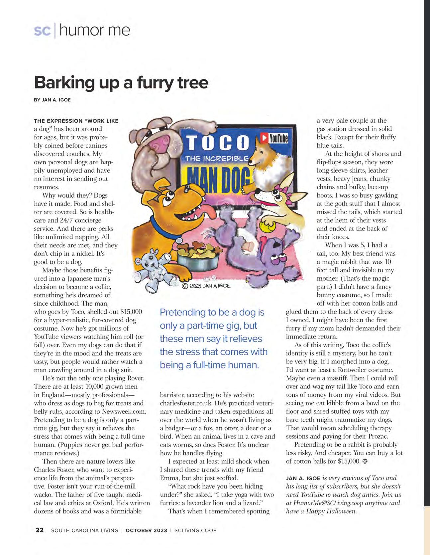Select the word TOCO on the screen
(x=218, y=142)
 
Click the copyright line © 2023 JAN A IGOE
(x=206, y=286)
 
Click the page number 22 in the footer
(x=40, y=530)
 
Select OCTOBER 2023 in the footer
(x=146, y=530)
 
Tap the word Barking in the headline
(x=64, y=82)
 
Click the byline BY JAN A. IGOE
(x=52, y=100)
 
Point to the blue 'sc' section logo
(x=42, y=31)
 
